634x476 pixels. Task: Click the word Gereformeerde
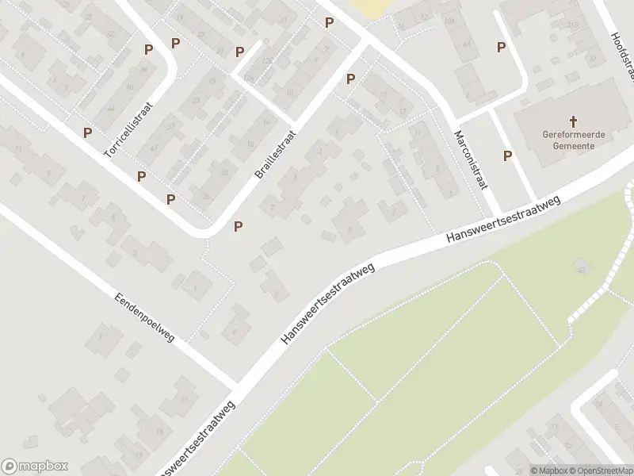point(575,135)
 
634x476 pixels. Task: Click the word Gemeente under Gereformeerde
point(575,147)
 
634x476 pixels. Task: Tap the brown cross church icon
point(575,121)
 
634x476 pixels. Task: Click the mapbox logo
point(35,466)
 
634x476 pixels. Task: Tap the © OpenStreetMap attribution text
point(602,470)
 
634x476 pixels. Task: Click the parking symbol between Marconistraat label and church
point(507,155)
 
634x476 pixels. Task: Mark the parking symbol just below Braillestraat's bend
point(238,227)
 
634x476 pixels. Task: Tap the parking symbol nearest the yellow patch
point(329,22)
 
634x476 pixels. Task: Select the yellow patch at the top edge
point(369,7)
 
